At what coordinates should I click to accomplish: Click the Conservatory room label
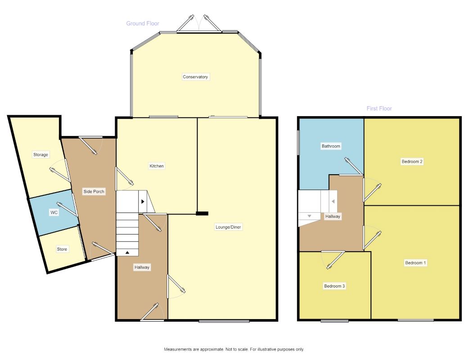click(x=195, y=77)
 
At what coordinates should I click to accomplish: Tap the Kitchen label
click(x=157, y=166)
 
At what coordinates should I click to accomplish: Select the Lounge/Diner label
click(x=228, y=227)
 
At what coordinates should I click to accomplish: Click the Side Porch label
click(x=94, y=191)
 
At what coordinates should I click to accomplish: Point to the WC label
click(x=54, y=212)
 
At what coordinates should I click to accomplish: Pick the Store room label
click(x=62, y=249)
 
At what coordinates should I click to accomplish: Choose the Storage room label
click(x=41, y=155)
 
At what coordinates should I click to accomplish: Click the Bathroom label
click(x=331, y=146)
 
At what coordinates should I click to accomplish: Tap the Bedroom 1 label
click(x=415, y=263)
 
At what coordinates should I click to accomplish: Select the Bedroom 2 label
click(x=412, y=162)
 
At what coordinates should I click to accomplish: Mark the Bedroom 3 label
click(x=334, y=286)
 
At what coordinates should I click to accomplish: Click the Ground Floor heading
click(x=143, y=23)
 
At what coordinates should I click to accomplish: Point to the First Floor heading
click(x=379, y=108)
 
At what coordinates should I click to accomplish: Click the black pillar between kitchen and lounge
click(x=202, y=213)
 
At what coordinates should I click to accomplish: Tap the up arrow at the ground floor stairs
click(x=127, y=252)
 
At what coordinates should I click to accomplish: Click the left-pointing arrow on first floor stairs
click(x=333, y=201)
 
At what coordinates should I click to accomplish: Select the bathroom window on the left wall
click(x=298, y=142)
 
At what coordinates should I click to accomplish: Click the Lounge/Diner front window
click(x=224, y=321)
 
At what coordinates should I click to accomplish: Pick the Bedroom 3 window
click(x=335, y=321)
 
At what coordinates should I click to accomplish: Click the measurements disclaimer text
click(x=234, y=349)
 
